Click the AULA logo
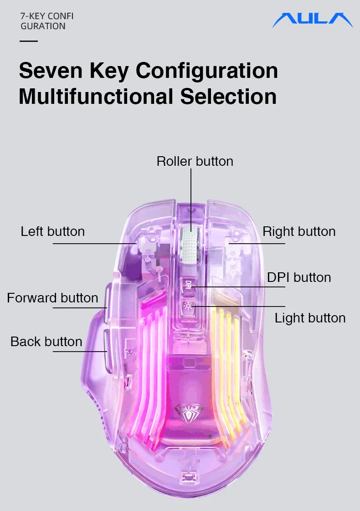(x=312, y=20)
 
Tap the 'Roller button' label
(x=195, y=161)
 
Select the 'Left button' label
(x=52, y=231)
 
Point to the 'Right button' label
(x=299, y=231)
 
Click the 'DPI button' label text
(x=299, y=277)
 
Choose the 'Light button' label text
(x=310, y=318)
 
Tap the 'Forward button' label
(x=52, y=298)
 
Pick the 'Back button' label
(x=46, y=342)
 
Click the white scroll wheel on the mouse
(x=189, y=245)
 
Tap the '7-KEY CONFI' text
(x=47, y=16)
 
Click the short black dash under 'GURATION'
(x=29, y=41)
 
